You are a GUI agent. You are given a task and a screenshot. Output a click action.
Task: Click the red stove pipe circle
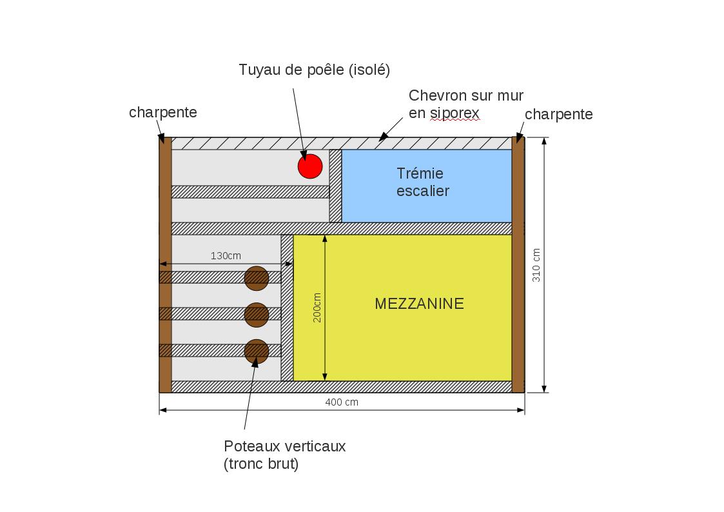click(310, 166)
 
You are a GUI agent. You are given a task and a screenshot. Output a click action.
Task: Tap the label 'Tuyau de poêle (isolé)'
click(314, 70)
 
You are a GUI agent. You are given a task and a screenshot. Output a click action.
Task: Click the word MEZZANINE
click(419, 304)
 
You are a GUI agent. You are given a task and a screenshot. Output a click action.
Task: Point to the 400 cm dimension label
click(342, 402)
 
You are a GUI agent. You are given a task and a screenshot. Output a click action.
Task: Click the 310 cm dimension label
click(536, 265)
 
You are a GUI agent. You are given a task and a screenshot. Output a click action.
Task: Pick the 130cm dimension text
click(226, 256)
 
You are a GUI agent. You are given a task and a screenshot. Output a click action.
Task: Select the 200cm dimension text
click(317, 308)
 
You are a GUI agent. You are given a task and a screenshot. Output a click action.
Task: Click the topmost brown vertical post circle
click(257, 278)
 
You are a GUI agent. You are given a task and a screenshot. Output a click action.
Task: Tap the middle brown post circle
click(257, 315)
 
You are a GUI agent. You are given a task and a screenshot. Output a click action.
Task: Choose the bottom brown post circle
click(257, 351)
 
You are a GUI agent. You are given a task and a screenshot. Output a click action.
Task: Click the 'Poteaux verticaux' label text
click(284, 446)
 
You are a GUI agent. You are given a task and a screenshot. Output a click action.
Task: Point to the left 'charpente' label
click(162, 112)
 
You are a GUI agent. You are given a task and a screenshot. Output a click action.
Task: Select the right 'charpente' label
click(558, 114)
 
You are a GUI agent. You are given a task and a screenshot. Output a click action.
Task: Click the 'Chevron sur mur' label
click(465, 96)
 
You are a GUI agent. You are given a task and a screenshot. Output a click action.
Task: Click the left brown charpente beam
click(165, 264)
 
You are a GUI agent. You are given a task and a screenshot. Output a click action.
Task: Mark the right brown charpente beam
click(518, 264)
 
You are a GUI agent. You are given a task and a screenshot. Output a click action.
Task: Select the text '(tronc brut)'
click(261, 464)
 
